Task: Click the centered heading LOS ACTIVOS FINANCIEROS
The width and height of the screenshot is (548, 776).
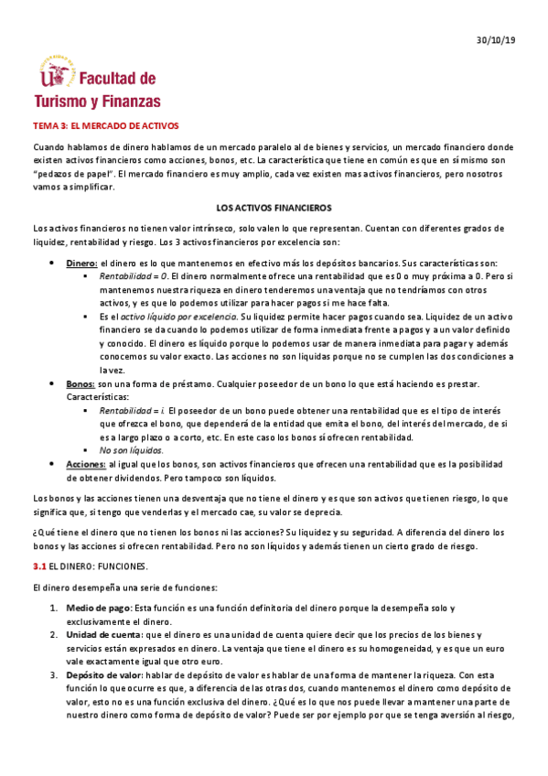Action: pos(274,209)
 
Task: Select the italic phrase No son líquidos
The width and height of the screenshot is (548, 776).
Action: pos(132,451)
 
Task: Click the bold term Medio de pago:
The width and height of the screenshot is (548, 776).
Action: pos(99,608)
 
